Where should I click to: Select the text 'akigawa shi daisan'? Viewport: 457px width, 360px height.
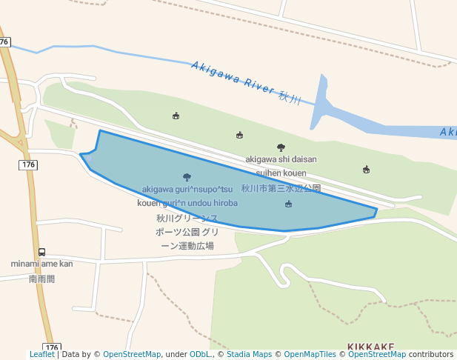click(281, 159)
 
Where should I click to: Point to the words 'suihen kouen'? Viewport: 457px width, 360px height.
click(281, 173)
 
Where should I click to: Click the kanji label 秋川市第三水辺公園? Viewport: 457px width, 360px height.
click(281, 189)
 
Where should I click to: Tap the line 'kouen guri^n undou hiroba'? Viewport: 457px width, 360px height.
click(187, 203)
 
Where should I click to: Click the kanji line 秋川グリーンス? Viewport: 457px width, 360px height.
click(187, 219)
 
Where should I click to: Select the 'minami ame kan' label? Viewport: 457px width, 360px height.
click(41, 264)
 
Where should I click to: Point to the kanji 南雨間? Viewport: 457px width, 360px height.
click(41, 279)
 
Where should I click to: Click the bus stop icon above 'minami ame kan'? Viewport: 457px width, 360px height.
click(41, 252)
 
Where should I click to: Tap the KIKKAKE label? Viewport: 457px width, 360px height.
click(371, 347)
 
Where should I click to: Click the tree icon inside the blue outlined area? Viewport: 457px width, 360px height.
click(186, 177)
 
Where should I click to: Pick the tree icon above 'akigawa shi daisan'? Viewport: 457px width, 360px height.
click(281, 147)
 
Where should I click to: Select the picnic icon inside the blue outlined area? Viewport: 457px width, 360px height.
click(288, 204)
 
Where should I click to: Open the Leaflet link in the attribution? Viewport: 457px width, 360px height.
click(41, 355)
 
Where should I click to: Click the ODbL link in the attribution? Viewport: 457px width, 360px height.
click(201, 355)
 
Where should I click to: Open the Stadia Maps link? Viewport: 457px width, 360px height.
click(250, 355)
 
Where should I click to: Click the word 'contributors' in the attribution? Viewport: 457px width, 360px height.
click(431, 355)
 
